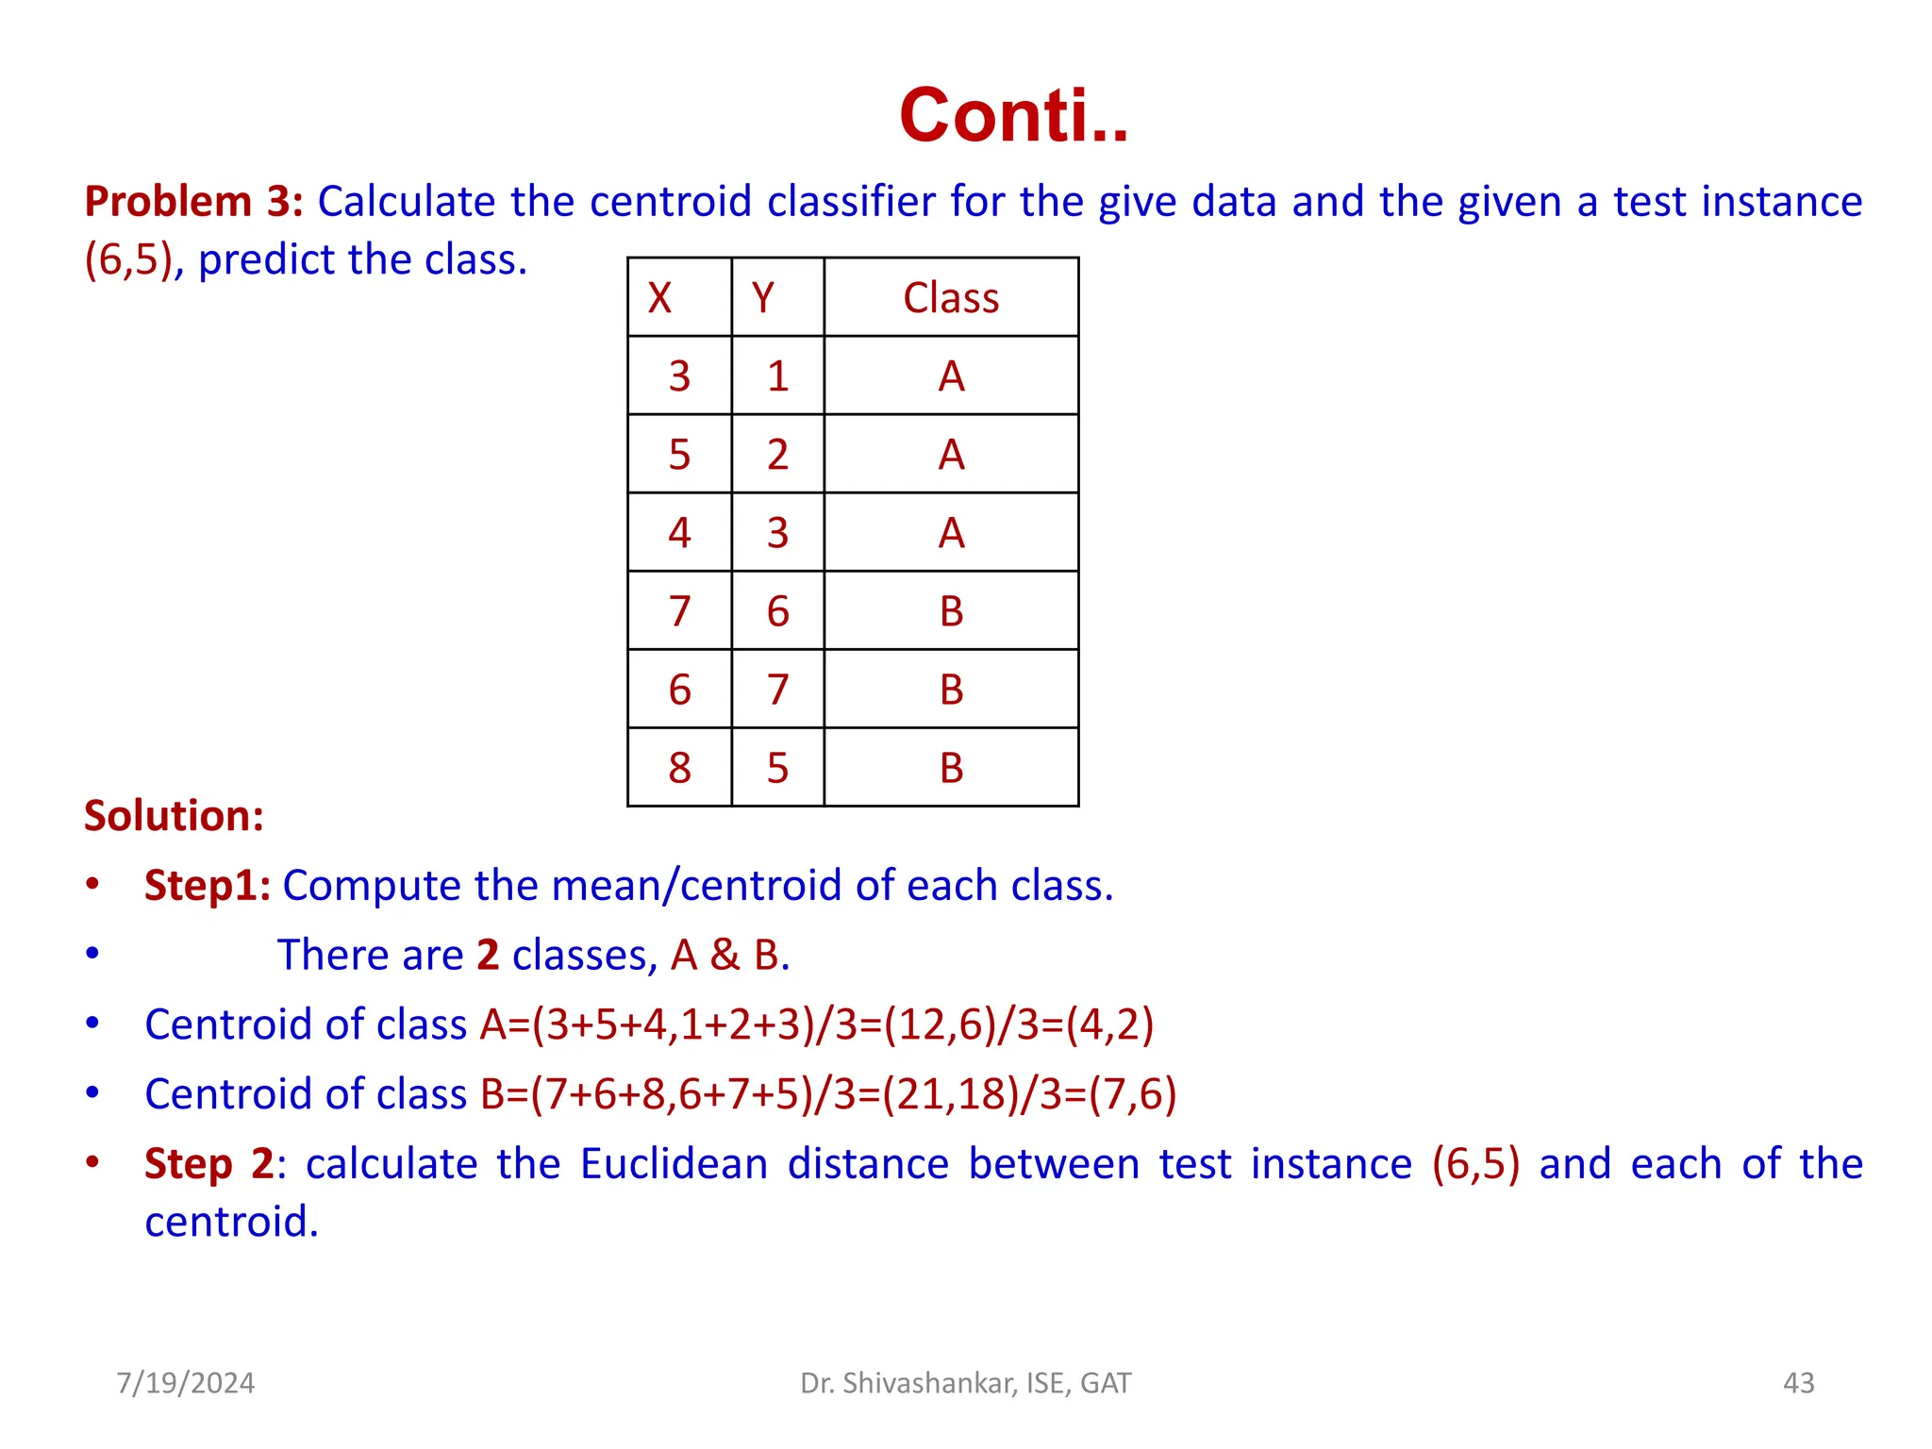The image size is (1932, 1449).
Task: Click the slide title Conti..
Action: (1013, 116)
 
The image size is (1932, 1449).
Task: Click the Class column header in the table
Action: (951, 298)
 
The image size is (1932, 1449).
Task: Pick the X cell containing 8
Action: (679, 768)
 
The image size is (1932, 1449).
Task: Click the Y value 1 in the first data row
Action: (777, 376)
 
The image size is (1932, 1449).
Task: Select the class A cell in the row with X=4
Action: (951, 533)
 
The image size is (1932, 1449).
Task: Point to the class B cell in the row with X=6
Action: (951, 690)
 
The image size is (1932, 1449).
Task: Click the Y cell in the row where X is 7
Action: (777, 611)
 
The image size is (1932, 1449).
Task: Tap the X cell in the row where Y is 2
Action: (679, 455)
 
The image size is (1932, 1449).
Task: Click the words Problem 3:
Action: (193, 202)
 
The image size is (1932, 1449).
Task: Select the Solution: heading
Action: (174, 816)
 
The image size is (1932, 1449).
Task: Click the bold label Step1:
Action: (208, 886)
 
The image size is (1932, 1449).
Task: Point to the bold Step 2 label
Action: (208, 1164)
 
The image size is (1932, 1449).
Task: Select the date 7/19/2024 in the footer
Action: (186, 1383)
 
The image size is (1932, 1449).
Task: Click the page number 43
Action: (1798, 1383)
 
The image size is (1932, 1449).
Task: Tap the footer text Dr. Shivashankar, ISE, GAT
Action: (965, 1383)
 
